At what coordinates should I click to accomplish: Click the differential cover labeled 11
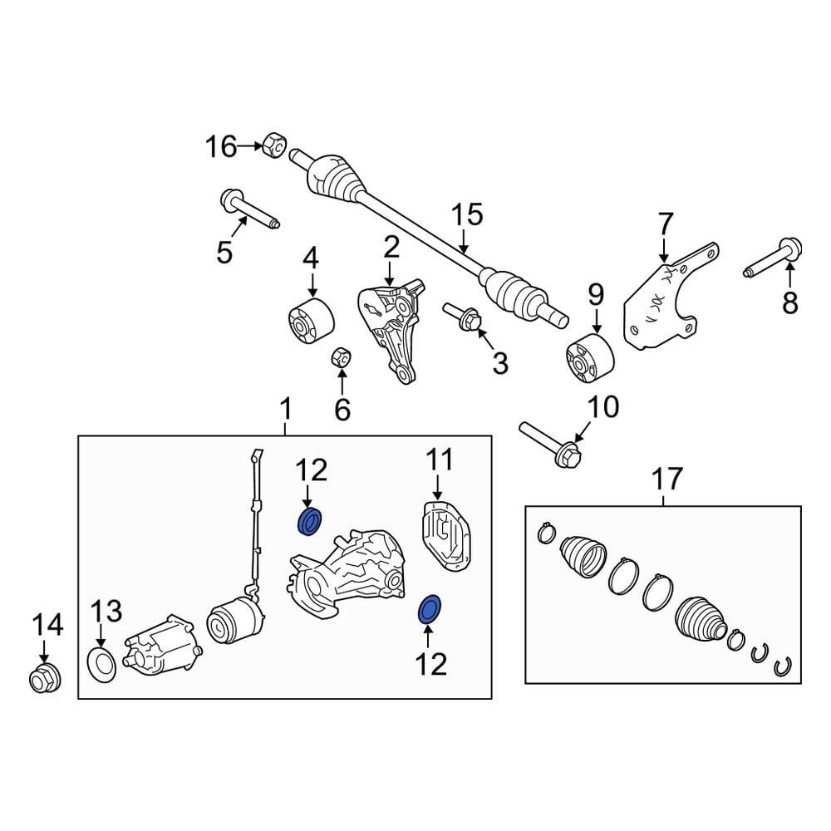point(446,536)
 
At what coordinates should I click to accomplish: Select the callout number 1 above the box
point(285,409)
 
